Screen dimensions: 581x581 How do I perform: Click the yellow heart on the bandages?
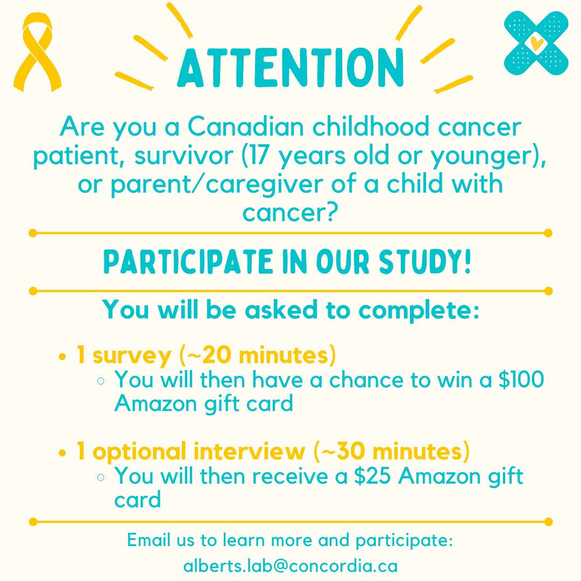click(536, 42)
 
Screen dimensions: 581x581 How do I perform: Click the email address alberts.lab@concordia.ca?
click(290, 565)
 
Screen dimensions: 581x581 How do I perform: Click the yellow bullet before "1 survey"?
click(63, 357)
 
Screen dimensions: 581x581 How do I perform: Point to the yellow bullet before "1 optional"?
click(63, 453)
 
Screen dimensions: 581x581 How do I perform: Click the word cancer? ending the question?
click(290, 212)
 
